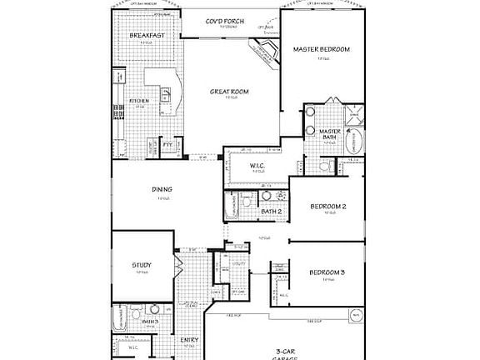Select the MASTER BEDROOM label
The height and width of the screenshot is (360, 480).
coord(321,49)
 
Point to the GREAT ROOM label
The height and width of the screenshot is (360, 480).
coord(228,92)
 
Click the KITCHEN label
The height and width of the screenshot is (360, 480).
coord(138,102)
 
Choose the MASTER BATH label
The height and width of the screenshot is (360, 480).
coord(330,134)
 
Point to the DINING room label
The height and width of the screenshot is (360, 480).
coord(162,189)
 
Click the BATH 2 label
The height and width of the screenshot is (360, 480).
coord(270,212)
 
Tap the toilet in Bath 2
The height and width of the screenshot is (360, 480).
coord(247,199)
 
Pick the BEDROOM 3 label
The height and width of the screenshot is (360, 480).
coord(327,273)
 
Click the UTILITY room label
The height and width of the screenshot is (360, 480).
coord(238,263)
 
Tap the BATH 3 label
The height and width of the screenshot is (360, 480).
coord(150,321)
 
